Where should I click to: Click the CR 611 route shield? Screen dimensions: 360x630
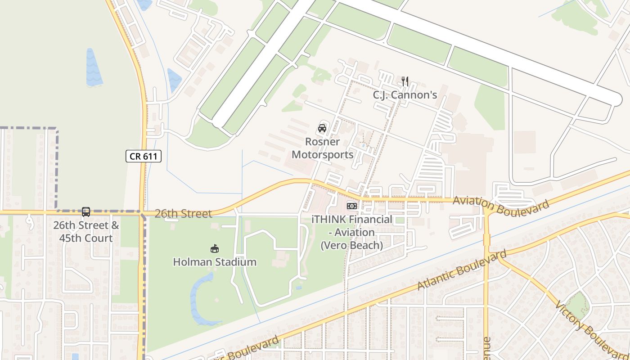tap(143, 156)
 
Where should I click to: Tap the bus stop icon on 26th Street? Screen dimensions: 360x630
tap(86, 212)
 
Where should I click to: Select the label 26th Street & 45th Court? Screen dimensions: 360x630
tap(86, 231)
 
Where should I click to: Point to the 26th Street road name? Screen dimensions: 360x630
tap(183, 213)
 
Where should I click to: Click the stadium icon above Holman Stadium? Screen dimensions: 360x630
tap(215, 248)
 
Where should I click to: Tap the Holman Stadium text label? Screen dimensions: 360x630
tap(215, 262)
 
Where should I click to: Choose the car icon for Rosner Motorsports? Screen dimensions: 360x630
tap(322, 128)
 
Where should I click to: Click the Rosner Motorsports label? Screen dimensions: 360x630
tap(322, 148)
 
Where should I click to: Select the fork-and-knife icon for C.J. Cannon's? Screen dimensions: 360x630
tap(405, 81)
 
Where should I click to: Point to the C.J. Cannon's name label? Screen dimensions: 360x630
tap(405, 95)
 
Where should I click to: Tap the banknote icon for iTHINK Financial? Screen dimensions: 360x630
tap(351, 206)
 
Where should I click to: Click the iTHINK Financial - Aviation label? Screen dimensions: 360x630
tap(351, 232)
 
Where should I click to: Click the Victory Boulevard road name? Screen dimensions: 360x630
tap(591, 329)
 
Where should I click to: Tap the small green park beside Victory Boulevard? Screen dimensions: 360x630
tap(577, 305)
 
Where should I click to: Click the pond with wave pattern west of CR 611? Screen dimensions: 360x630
tap(94, 67)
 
